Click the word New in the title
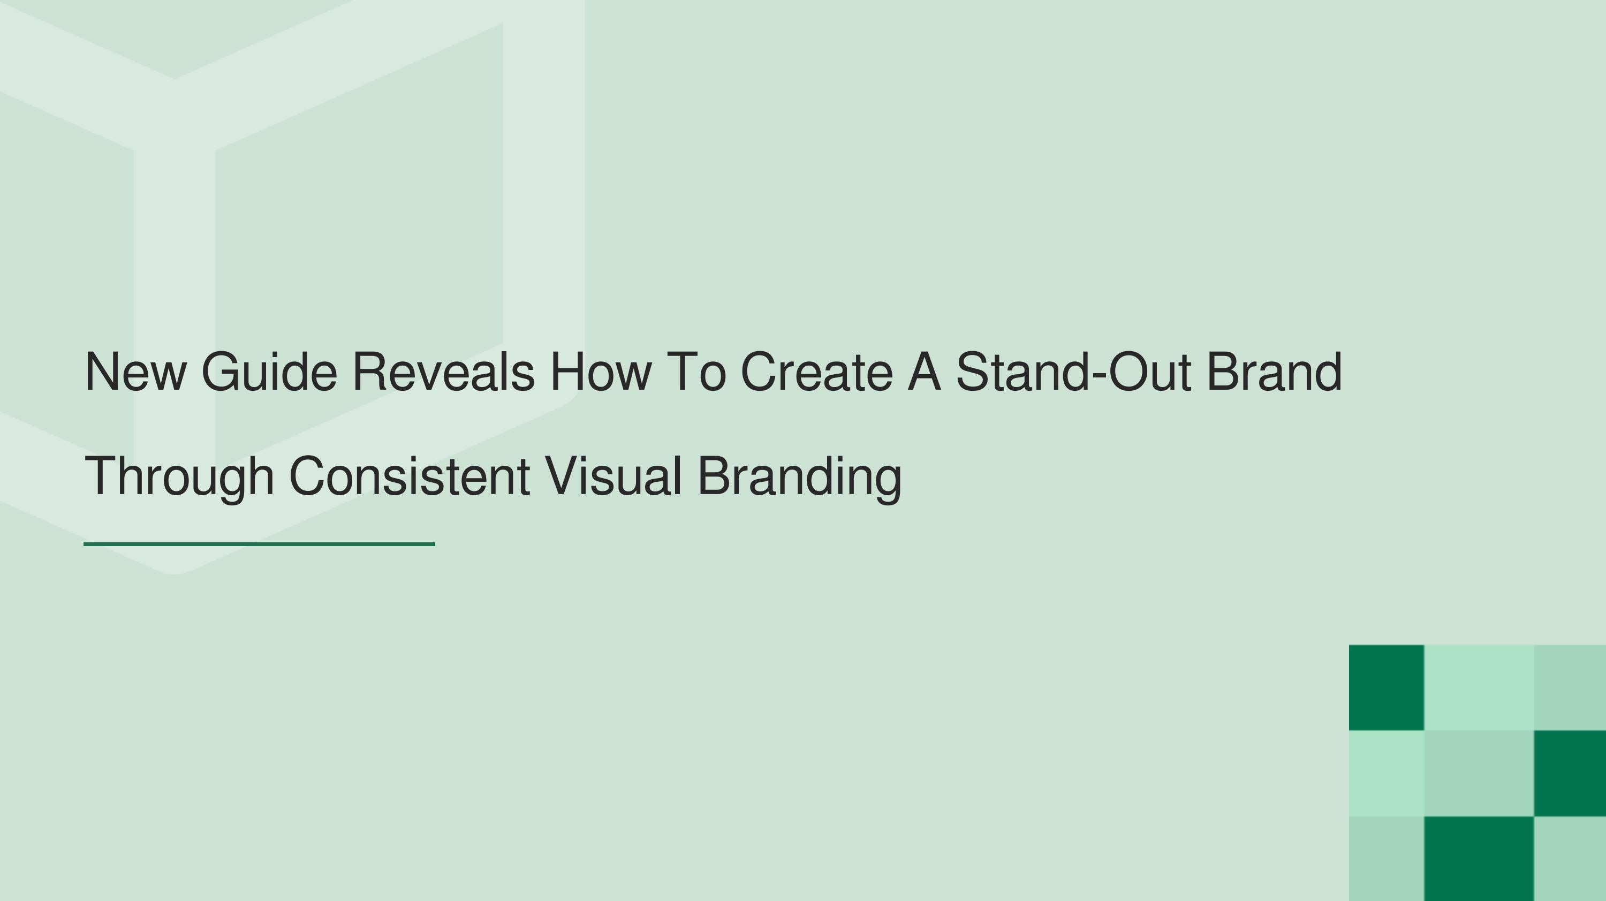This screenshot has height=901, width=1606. tap(135, 372)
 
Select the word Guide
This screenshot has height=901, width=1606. tap(269, 372)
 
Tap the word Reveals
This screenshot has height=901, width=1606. tap(443, 372)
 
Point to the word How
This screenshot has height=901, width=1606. tap(601, 372)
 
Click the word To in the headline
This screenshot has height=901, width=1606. tap(696, 372)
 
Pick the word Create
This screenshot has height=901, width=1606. tap(817, 372)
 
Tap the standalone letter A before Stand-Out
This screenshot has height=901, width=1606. tap(924, 372)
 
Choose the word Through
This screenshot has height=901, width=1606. tap(179, 477)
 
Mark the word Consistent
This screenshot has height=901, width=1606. tap(410, 477)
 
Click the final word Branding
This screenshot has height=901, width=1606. tap(799, 477)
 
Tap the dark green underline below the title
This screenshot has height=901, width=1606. tap(259, 544)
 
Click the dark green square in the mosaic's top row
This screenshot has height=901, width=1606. tap(1387, 687)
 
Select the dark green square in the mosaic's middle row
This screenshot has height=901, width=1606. tap(1570, 773)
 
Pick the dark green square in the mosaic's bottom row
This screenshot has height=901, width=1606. tap(1479, 859)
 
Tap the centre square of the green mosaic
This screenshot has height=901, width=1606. tap(1479, 773)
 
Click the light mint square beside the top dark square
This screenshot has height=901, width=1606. tap(1479, 687)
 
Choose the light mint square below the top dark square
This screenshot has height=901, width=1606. tap(1387, 773)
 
